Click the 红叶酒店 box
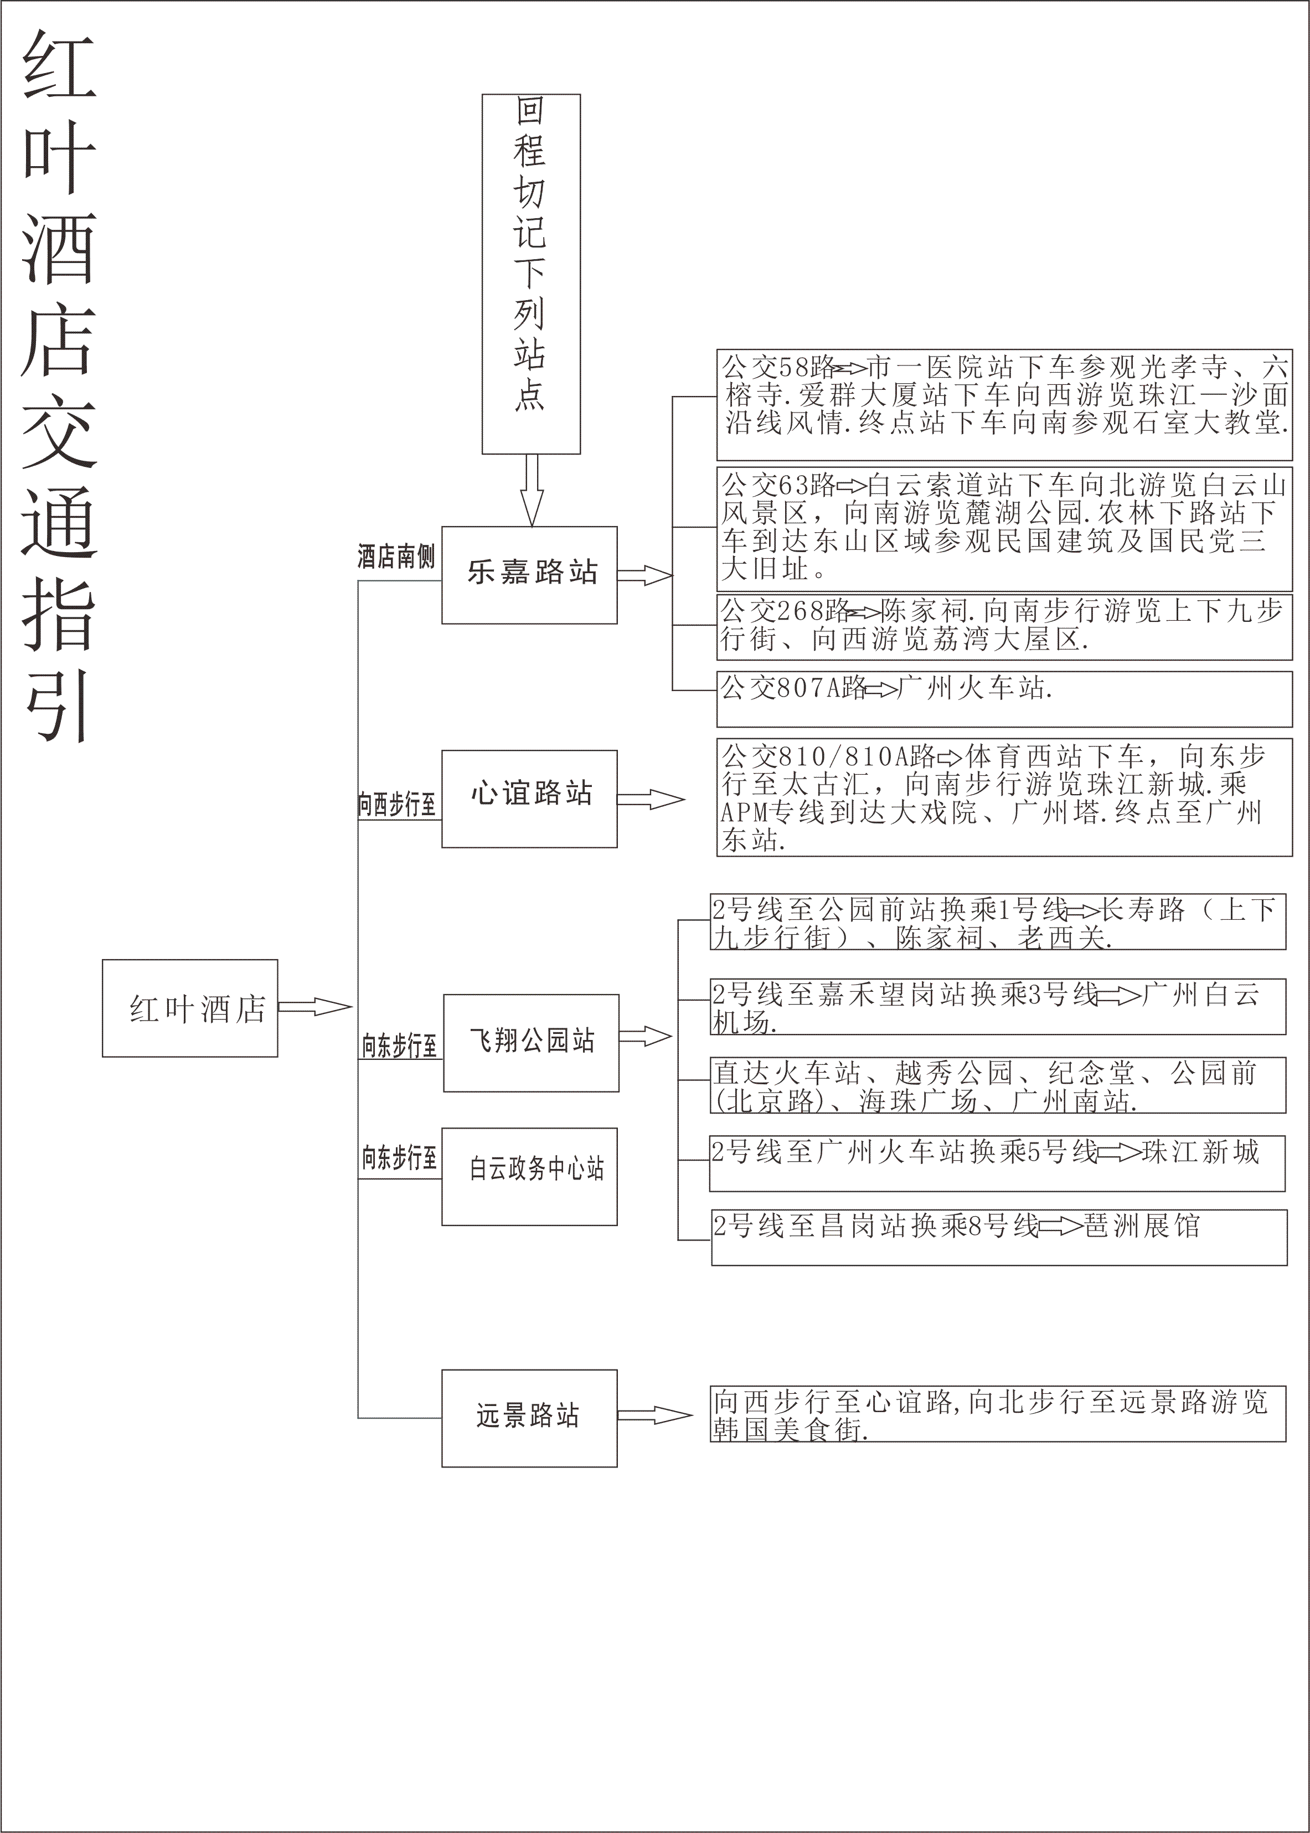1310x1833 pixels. tap(189, 1008)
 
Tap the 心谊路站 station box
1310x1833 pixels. tap(529, 798)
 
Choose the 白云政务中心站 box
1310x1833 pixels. tap(529, 1176)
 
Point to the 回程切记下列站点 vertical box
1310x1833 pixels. tap(531, 274)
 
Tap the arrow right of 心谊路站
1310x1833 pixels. tap(650, 800)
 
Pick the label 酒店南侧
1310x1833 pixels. tap(395, 557)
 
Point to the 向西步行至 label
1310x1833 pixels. tap(397, 804)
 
